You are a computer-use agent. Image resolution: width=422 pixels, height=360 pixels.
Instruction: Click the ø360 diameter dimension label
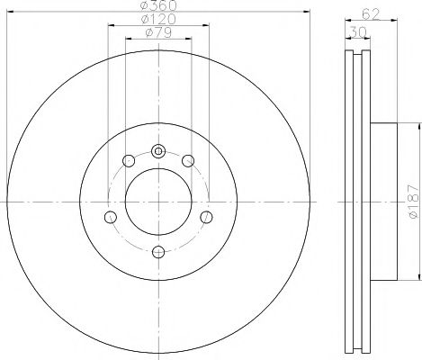(x=157, y=7)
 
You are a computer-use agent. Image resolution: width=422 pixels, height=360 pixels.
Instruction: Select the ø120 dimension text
(x=157, y=21)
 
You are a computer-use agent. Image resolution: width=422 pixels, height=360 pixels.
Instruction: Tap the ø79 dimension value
(x=157, y=34)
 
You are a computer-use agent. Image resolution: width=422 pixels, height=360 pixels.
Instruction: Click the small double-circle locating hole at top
(x=158, y=151)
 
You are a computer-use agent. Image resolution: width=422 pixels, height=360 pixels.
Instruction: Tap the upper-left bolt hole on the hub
(x=129, y=161)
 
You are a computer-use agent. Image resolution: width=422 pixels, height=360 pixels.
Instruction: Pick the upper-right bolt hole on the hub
(x=188, y=161)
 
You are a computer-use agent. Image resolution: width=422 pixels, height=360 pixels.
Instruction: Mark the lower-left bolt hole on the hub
(x=111, y=217)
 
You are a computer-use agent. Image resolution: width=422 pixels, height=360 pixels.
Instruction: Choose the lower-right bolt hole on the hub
(x=206, y=217)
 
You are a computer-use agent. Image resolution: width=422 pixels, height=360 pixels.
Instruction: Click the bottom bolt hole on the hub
(x=158, y=252)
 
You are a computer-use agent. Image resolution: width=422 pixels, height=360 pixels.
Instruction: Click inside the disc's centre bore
(x=158, y=202)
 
